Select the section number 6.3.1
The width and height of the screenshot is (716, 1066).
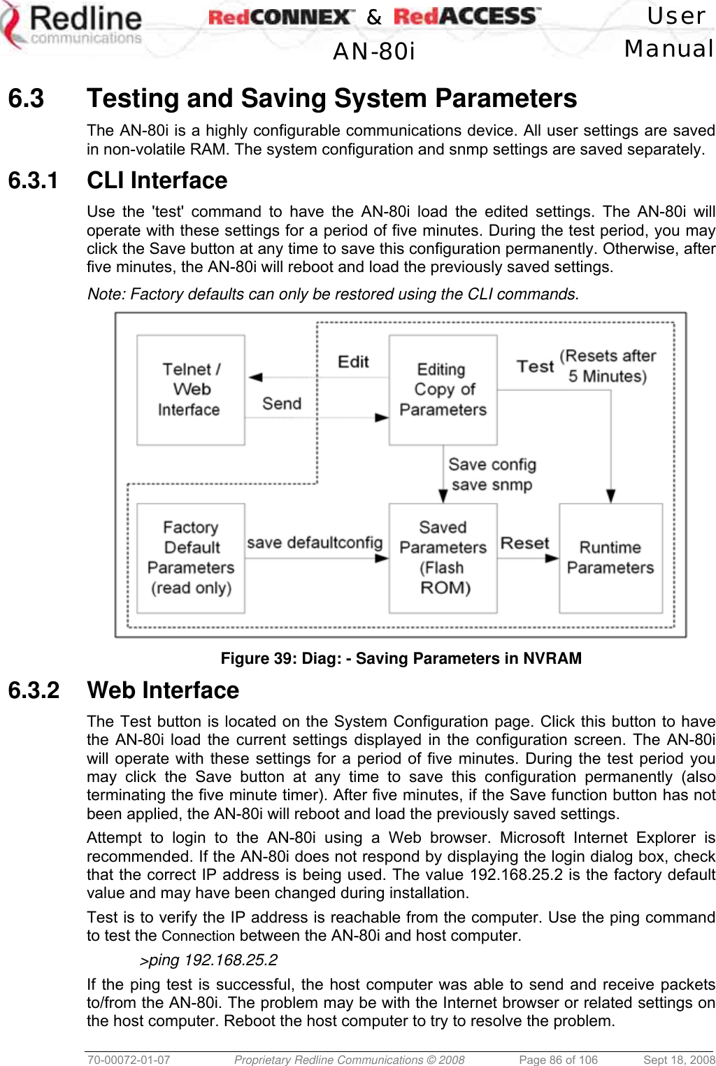pos(33,180)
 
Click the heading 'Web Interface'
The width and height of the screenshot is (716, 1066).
pos(163,690)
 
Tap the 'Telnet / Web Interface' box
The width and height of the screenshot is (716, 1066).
pos(190,390)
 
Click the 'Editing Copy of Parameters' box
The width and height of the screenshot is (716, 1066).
pos(443,390)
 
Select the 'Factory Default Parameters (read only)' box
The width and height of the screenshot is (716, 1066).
pos(190,557)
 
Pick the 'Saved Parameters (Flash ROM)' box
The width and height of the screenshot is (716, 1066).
pos(443,557)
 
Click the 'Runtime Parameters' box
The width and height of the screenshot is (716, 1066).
pos(610,557)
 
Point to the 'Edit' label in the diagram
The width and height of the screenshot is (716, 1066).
pos(353,362)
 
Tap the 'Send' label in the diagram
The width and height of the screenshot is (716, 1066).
pos(282,404)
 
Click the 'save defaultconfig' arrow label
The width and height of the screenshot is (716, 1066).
pos(315,543)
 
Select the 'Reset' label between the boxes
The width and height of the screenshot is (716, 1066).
pos(525,543)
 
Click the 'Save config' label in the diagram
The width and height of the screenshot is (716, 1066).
pos(492,464)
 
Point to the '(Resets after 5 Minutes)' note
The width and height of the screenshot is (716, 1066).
pos(608,366)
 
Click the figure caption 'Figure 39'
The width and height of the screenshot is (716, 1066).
pos(401,658)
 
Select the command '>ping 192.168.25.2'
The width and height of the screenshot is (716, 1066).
pos(209,960)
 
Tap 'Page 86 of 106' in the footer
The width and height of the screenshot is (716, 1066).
pos(558,1060)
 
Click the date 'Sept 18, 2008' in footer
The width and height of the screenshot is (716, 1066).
pos(678,1060)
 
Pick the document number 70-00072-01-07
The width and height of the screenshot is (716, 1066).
pos(129,1060)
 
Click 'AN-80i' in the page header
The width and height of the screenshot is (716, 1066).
pos(374,51)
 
